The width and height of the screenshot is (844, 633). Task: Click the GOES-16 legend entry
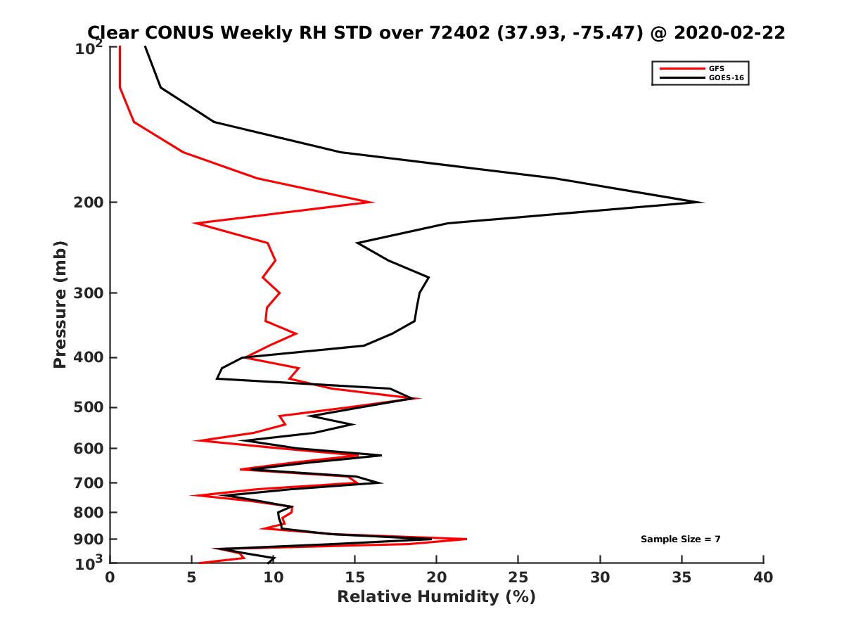click(724, 77)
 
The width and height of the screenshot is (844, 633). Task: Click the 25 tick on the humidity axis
click(518, 577)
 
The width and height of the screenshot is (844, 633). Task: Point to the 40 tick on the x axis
click(763, 577)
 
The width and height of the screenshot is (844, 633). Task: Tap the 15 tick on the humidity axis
click(354, 577)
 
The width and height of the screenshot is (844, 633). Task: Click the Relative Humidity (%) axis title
click(436, 597)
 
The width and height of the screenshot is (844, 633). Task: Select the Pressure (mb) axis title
click(60, 304)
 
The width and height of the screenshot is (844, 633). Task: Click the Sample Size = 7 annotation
click(680, 539)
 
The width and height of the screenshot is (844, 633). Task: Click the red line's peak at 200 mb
click(373, 202)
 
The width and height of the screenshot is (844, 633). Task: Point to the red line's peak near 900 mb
click(466, 539)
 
